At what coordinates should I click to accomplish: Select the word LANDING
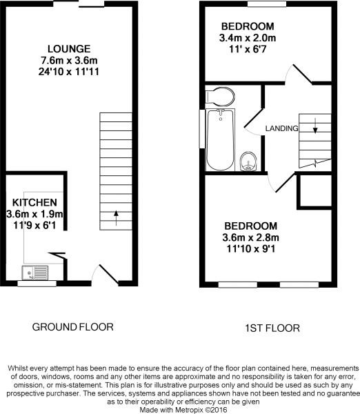point(281,128)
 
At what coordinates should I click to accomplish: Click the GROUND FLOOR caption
point(72,327)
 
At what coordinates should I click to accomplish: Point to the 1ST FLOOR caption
point(272,328)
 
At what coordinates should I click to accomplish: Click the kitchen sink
point(34,272)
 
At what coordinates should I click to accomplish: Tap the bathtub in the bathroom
point(220,139)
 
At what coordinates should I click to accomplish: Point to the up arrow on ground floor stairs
point(115,218)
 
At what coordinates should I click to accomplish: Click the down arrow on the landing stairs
point(315,126)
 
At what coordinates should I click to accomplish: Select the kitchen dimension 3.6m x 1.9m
point(34,214)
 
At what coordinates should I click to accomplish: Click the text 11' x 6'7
point(248,48)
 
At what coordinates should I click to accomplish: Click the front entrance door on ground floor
point(106,275)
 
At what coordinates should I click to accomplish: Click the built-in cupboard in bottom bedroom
point(310,190)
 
